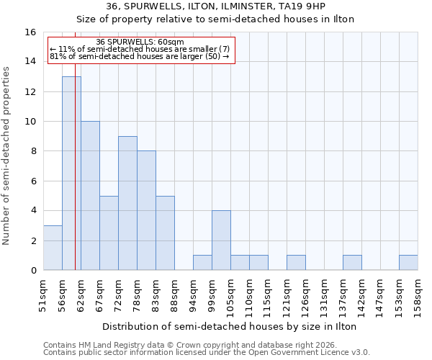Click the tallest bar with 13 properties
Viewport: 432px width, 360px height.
71,173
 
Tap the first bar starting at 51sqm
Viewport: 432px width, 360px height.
53,248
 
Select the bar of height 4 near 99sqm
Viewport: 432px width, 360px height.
221,240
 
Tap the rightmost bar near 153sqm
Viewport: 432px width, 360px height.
408,263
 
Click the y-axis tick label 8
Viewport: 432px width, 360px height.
33,152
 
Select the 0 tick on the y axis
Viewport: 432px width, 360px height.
33,271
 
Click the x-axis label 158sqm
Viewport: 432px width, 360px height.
418,295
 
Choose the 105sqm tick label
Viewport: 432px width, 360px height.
230,295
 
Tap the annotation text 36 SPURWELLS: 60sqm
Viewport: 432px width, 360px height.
140,42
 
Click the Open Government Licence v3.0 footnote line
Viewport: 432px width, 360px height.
207,352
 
